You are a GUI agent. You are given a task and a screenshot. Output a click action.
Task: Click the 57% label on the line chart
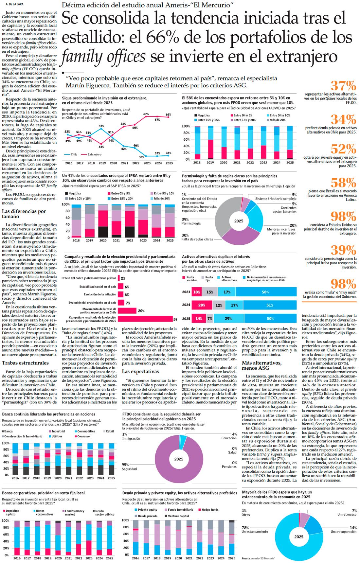point(101,126)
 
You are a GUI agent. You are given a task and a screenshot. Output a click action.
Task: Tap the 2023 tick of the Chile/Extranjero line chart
point(147,163)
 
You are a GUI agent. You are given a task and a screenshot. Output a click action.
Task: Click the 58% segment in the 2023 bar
point(265,292)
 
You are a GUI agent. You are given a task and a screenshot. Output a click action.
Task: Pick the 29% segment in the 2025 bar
point(228,318)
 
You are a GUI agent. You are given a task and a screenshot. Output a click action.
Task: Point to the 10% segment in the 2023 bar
point(197,292)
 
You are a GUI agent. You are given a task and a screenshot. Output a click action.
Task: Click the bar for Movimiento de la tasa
point(127,311)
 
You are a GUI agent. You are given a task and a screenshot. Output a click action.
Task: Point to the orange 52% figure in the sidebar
point(343,149)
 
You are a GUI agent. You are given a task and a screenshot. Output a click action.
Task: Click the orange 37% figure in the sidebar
point(343,86)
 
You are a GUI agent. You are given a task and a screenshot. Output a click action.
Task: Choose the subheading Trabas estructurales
point(25,363)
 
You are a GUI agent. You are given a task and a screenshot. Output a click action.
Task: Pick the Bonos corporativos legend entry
point(42,512)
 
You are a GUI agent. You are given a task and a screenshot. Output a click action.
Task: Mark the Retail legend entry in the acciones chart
point(109,431)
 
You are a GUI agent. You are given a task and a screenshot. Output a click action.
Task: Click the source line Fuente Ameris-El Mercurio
point(258,558)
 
